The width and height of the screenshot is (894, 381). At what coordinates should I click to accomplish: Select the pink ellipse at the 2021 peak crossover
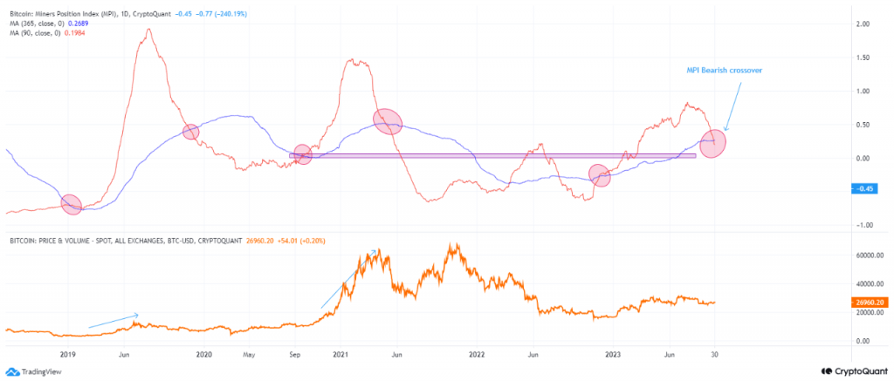point(388,121)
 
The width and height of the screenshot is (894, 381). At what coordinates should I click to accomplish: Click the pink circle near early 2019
point(71,204)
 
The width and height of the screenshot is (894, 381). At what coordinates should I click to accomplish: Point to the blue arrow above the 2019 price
point(113,320)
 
